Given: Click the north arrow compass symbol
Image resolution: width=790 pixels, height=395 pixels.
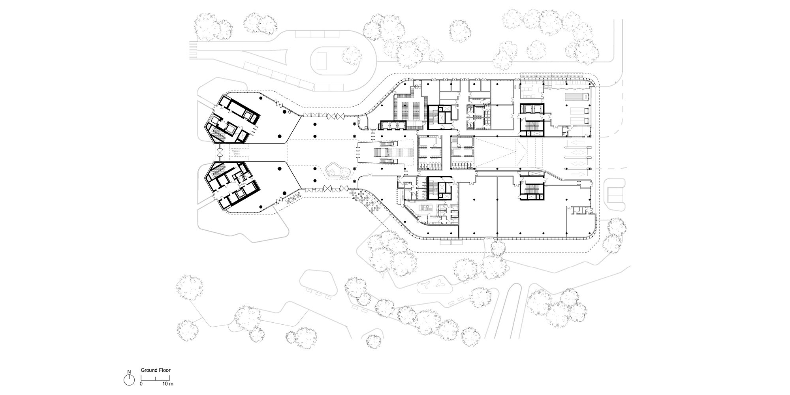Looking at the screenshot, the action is coord(129,380).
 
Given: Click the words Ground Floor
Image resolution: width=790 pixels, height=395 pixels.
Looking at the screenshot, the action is coord(156,371).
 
